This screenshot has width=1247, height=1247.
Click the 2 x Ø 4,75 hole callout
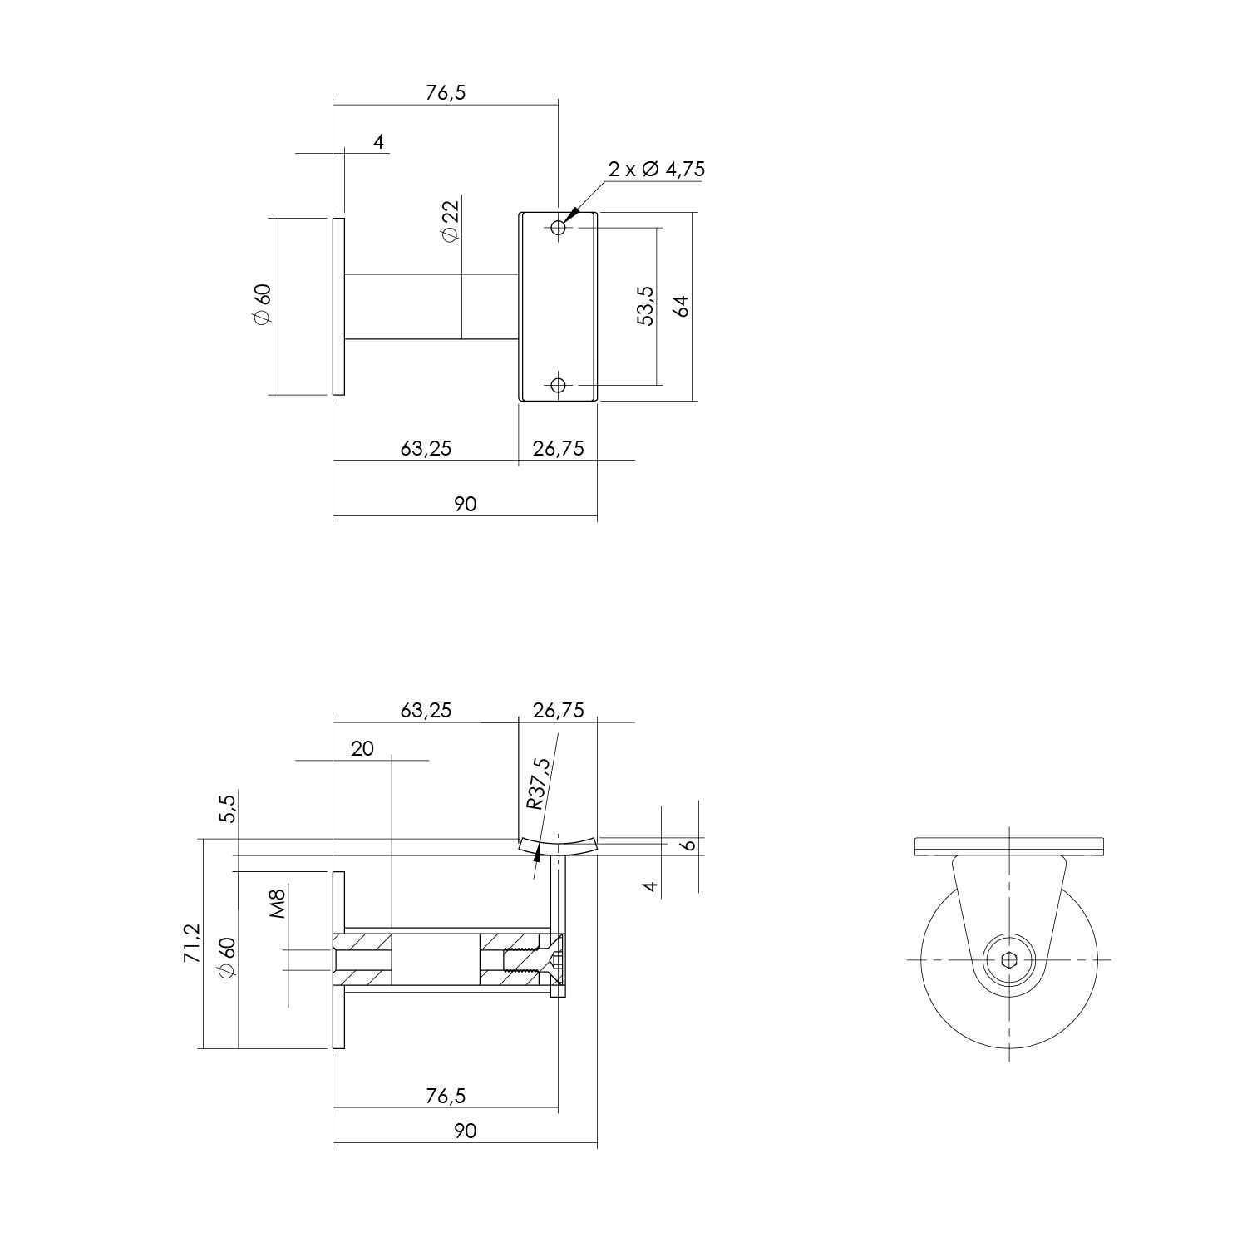[656, 170]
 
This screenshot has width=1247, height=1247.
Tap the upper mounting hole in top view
[558, 227]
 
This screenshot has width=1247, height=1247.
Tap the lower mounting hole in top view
[558, 384]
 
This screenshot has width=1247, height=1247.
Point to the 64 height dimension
[682, 305]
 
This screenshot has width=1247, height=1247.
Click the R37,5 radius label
[539, 783]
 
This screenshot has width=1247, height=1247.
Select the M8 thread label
[278, 904]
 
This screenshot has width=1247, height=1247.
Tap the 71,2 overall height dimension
[192, 943]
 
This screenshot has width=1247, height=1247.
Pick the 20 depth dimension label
[362, 748]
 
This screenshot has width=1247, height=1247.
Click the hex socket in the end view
[1008, 960]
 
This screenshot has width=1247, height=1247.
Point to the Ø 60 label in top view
[262, 305]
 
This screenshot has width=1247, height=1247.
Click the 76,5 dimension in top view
[446, 92]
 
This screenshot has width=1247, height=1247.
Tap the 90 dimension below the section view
[466, 1131]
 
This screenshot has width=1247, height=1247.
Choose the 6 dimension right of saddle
[688, 845]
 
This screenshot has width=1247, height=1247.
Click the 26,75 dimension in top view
[558, 449]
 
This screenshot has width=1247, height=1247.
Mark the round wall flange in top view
[338, 306]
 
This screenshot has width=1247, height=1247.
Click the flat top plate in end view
[1008, 846]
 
